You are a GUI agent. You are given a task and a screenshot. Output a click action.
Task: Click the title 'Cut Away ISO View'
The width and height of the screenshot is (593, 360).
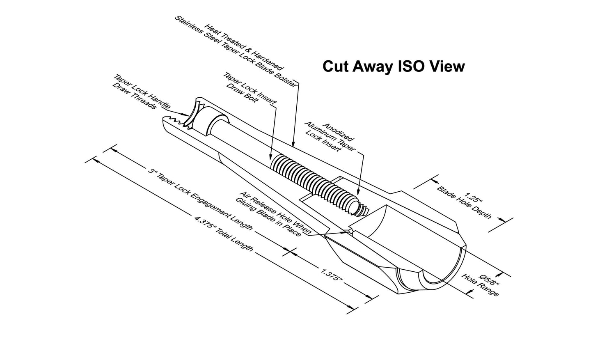click(394, 66)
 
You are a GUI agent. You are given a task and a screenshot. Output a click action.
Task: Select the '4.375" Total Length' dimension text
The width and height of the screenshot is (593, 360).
click(224, 234)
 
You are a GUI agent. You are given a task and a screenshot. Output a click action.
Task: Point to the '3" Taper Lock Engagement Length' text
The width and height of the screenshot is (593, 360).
click(200, 199)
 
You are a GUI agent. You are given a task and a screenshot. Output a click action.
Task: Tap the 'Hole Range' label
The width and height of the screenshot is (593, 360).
click(480, 285)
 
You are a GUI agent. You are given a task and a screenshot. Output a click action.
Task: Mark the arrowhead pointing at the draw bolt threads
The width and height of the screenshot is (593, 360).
click(270, 156)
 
